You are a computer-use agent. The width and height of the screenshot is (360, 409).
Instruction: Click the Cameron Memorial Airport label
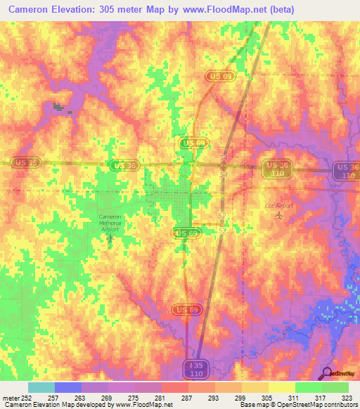[x=110, y=223]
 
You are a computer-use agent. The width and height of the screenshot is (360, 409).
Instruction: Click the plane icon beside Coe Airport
[x=281, y=216]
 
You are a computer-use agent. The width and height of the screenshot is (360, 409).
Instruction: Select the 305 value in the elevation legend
[x=265, y=398]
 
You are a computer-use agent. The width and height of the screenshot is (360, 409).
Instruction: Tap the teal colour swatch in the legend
[x=41, y=387]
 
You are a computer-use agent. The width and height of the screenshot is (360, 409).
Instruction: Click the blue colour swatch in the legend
[x=68, y=387]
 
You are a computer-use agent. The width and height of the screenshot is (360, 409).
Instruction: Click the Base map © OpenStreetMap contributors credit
[x=298, y=405]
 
